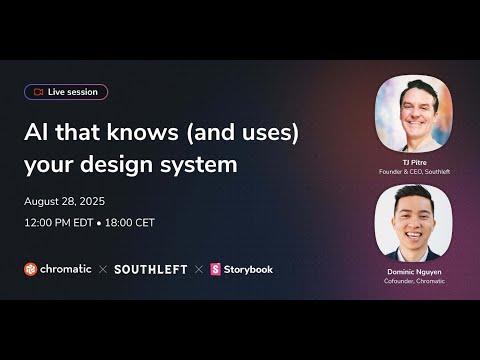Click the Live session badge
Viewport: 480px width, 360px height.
tap(66, 92)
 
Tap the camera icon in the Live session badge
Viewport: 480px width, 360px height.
tap(38, 92)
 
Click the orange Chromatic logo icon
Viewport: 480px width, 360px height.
tap(31, 269)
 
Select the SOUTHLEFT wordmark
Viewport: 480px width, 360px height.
tap(150, 269)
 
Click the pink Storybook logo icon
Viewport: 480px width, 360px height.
tap(215, 269)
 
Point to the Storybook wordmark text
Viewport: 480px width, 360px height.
tap(248, 269)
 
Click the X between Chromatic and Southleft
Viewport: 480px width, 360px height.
tap(102, 269)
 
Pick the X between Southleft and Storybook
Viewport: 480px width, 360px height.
tap(198, 269)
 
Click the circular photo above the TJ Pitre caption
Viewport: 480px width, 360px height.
tap(413, 113)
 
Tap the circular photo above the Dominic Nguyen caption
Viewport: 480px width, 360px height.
tap(413, 222)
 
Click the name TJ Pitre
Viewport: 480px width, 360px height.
tap(413, 160)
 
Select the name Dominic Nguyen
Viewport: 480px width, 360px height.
tap(413, 271)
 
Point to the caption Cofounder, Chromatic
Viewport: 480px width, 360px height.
tap(413, 281)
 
